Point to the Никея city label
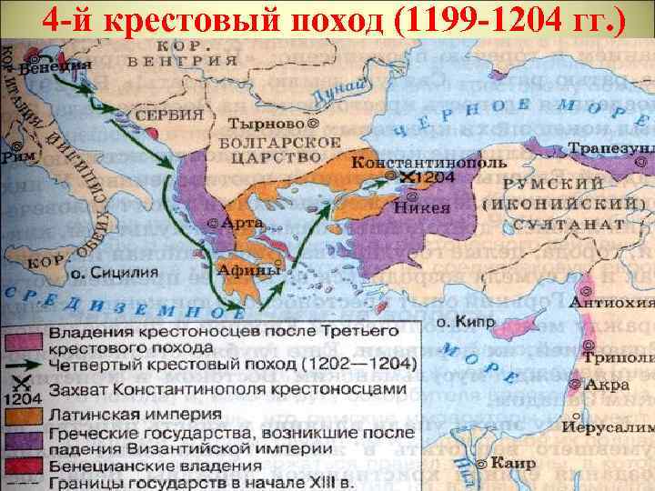tap(423, 205)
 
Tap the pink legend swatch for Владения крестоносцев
tap(25, 340)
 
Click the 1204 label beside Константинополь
tap(435, 179)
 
